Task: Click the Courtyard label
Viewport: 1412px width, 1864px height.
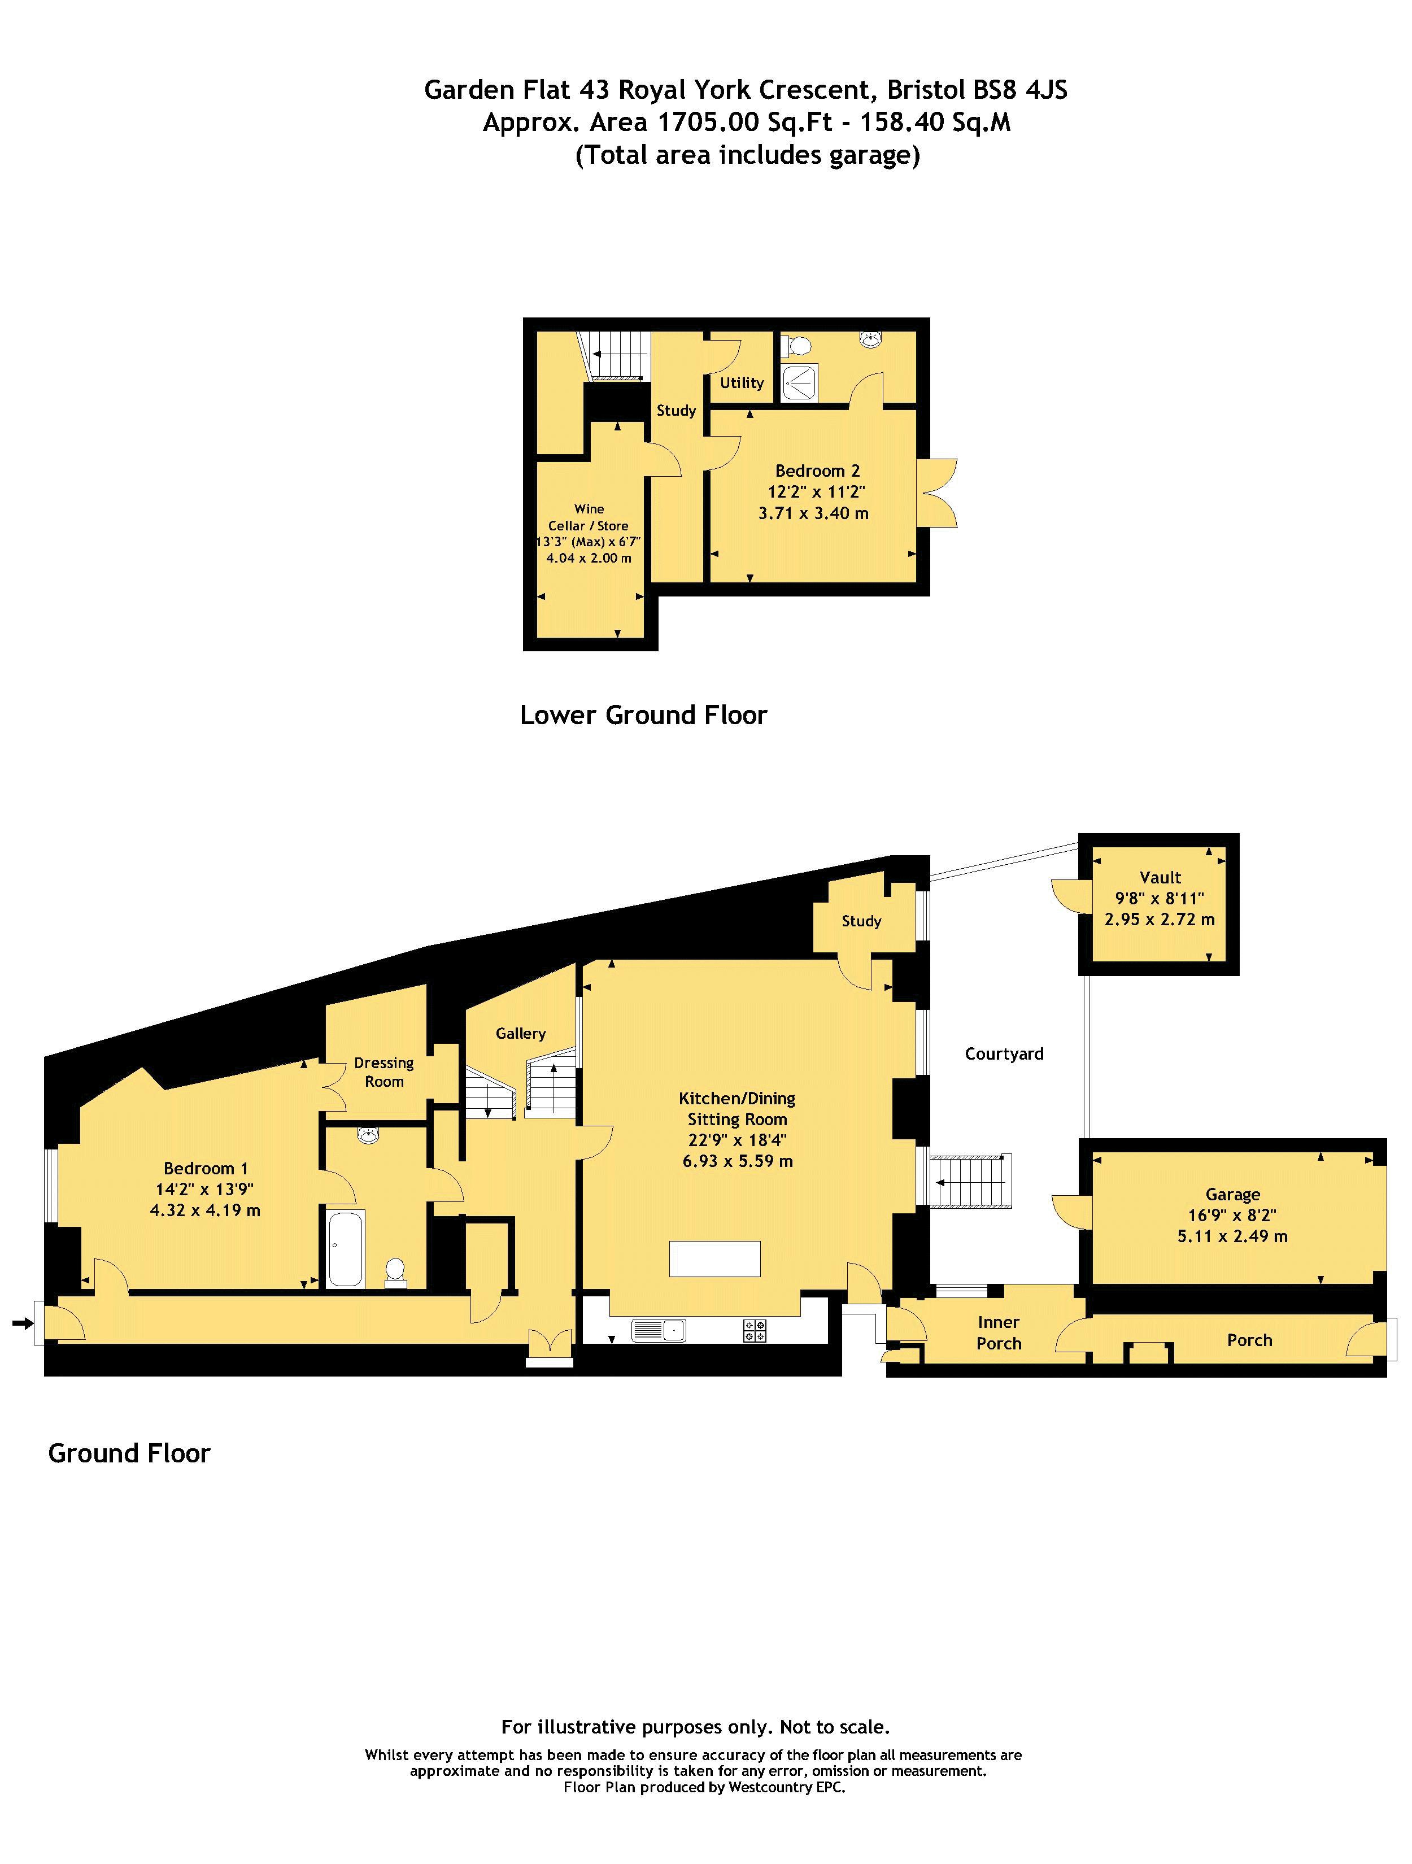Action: pyautogui.click(x=1004, y=1053)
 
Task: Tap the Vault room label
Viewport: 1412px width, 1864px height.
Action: pyautogui.click(x=1160, y=877)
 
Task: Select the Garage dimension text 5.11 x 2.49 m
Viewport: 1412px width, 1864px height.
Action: pyautogui.click(x=1232, y=1236)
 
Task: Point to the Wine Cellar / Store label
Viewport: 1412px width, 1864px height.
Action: pyautogui.click(x=589, y=517)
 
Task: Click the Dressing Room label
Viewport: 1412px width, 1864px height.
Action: pyautogui.click(x=384, y=1072)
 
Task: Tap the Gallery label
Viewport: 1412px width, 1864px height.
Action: pyautogui.click(x=521, y=1033)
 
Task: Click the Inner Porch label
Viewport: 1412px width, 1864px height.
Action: pyautogui.click(x=999, y=1332)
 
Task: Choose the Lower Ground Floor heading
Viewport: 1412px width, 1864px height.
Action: pyautogui.click(x=644, y=715)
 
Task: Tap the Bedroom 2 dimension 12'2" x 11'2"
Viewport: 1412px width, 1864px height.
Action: pyautogui.click(x=816, y=492)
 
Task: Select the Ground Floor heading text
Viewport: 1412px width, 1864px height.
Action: pyautogui.click(x=129, y=1453)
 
